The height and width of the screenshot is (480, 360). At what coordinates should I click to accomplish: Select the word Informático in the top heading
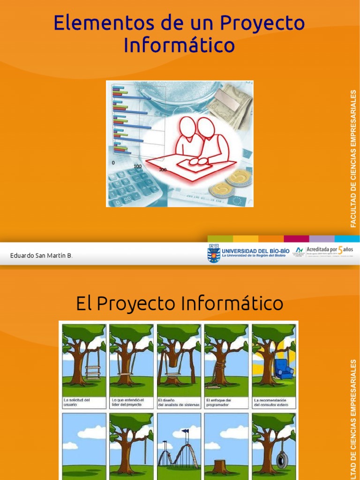[x=180, y=45]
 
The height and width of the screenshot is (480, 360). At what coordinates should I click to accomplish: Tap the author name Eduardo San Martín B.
[x=41, y=255]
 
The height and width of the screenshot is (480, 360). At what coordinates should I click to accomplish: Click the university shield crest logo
[x=213, y=253]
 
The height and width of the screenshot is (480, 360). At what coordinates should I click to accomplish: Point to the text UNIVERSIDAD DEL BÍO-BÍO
[x=255, y=250]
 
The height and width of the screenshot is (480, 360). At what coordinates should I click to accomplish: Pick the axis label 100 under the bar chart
[x=137, y=166]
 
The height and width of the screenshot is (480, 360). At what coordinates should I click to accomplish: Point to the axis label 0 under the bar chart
[x=113, y=163]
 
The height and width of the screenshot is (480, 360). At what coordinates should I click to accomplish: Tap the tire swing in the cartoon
[x=282, y=460]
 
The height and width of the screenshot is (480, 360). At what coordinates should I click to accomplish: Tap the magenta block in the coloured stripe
[x=296, y=239]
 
